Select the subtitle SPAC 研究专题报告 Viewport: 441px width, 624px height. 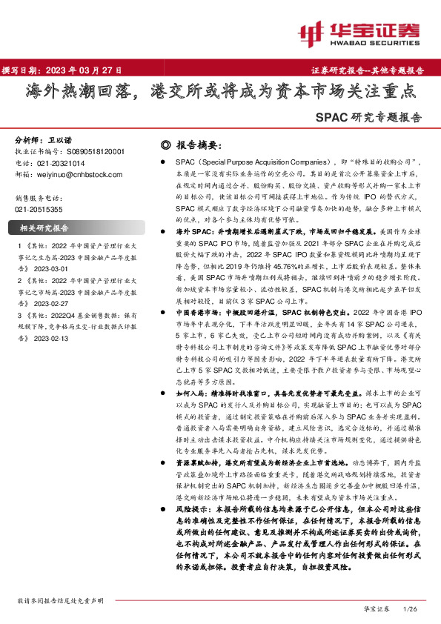(368, 116)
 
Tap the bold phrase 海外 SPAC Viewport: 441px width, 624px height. (193, 231)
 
